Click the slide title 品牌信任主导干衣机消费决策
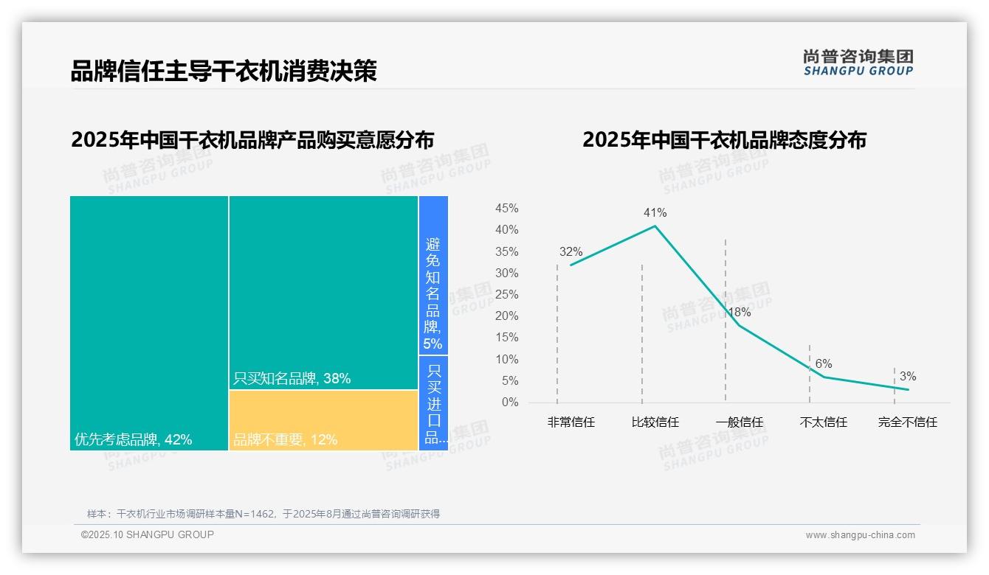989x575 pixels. pos(224,71)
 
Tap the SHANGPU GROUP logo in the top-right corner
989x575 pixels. pos(858,63)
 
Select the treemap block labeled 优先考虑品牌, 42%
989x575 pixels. pos(149,322)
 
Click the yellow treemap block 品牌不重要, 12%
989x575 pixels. pos(323,420)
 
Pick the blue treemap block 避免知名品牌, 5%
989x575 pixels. pos(433,275)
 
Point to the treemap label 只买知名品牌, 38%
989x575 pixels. pos(292,379)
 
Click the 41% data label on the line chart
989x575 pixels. pos(655,213)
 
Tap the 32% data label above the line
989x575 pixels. pos(571,252)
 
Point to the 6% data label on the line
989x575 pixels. pos(824,364)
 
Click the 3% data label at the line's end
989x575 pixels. pos(908,377)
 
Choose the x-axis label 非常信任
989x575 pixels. pos(571,422)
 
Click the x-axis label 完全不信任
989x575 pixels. pos(907,422)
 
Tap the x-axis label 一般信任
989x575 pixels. pos(739,422)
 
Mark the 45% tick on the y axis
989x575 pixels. pos(506,209)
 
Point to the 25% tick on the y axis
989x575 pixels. pos(506,295)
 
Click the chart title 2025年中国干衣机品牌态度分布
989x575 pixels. pos(724,140)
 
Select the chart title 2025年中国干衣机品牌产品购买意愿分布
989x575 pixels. pos(252,140)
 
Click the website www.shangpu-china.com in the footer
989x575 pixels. pos(860,535)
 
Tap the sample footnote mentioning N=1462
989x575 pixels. pos(263,514)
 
